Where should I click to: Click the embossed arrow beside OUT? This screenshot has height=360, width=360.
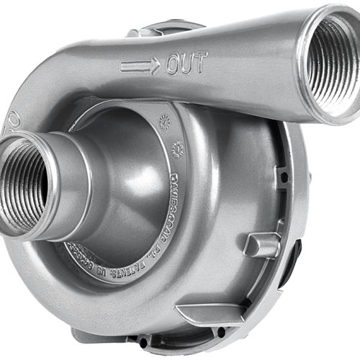pyautogui.click(x=140, y=67)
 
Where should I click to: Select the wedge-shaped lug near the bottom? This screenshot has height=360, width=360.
pyautogui.click(x=205, y=312)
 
